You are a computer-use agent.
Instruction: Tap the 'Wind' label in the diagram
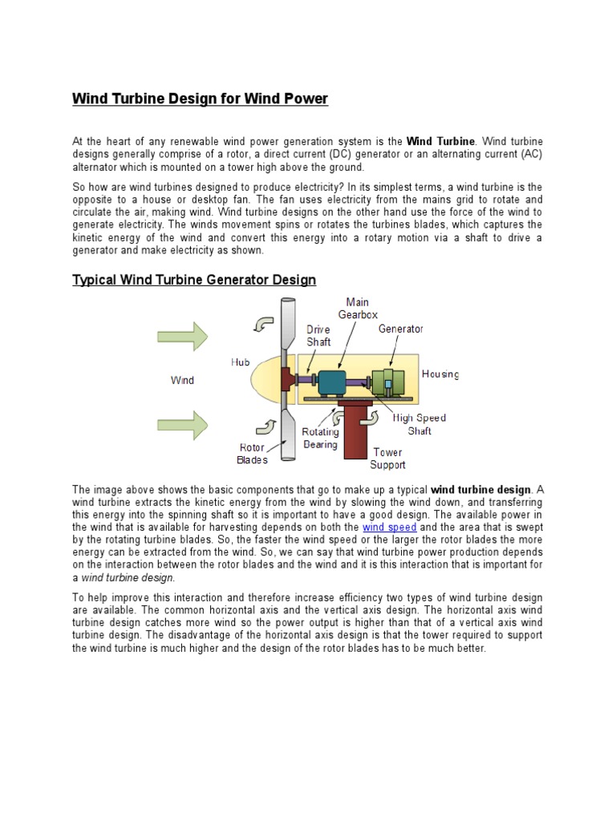tap(183, 380)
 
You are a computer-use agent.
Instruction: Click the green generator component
tap(388, 382)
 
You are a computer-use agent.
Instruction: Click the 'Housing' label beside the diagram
tap(440, 374)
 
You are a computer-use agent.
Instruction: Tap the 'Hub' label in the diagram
tap(241, 362)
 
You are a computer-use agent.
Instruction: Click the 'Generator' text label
tap(401, 329)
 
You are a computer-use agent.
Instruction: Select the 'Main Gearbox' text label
tap(357, 309)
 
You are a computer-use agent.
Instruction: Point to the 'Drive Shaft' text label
tap(319, 335)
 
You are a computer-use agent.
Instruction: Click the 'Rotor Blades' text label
tap(252, 454)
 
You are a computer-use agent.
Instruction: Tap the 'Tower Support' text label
tap(387, 459)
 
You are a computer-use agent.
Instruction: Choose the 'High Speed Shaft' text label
tap(419, 424)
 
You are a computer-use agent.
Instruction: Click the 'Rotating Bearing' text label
tap(320, 439)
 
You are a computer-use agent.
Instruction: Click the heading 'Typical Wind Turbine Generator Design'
tap(194, 280)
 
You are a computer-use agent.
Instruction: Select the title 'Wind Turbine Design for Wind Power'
tap(201, 99)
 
